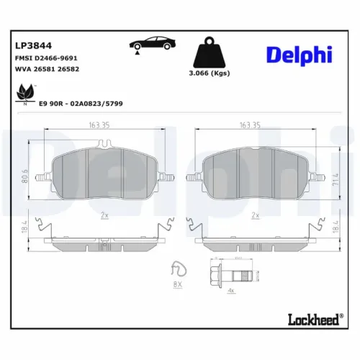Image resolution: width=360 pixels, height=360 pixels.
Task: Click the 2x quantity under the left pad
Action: pyautogui.click(x=104, y=215)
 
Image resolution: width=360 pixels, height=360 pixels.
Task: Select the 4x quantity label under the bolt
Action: pyautogui.click(x=230, y=291)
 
